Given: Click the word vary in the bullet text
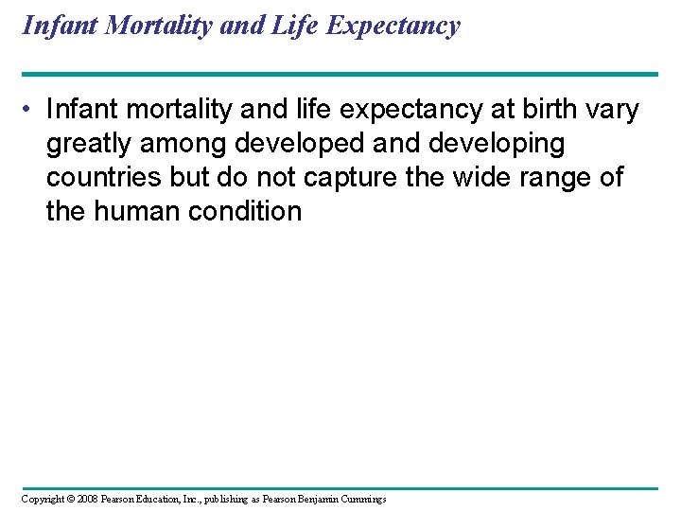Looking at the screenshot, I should pos(614,110).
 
